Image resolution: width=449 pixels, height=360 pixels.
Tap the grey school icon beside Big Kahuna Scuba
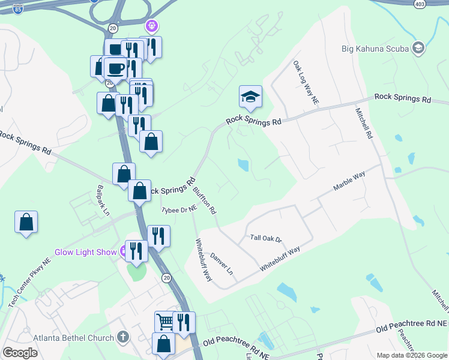[x=418, y=48]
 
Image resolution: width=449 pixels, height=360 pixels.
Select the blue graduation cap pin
[x=250, y=97]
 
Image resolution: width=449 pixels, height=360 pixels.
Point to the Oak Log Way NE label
[x=306, y=82]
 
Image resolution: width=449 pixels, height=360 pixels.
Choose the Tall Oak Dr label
[x=266, y=238]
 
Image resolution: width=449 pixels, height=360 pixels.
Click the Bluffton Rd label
[x=205, y=200]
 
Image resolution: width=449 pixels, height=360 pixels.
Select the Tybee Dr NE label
[x=179, y=209]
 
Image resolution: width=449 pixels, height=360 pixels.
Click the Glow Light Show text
[x=85, y=252]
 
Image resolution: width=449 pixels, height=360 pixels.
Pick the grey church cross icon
[x=124, y=337]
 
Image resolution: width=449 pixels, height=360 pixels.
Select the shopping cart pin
[x=166, y=321]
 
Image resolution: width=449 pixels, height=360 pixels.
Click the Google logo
[x=20, y=353]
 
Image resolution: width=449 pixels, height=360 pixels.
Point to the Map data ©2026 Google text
[x=411, y=355]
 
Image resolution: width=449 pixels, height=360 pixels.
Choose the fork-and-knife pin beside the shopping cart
[x=184, y=322]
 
